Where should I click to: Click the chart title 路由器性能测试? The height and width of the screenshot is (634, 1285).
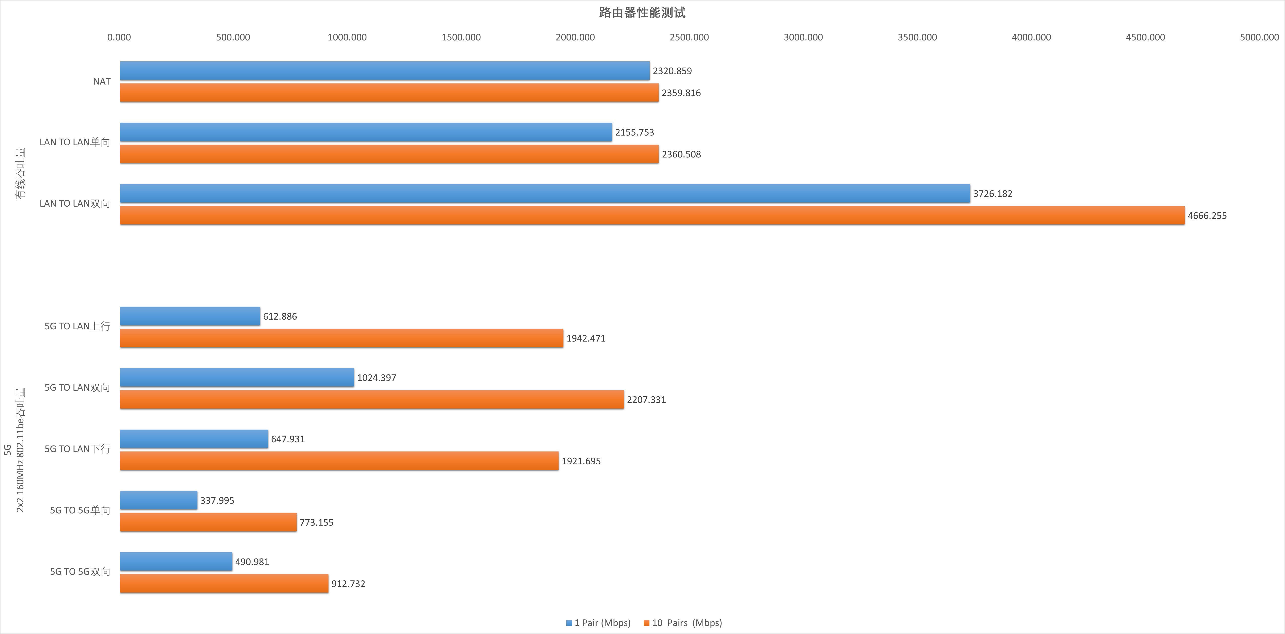point(642,12)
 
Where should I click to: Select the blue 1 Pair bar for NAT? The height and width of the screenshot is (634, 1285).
point(384,71)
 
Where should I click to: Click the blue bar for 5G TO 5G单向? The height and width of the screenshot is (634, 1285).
point(159,500)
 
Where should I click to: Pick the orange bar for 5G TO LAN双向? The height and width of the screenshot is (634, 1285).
point(372,400)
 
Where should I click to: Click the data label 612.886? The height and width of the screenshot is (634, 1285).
point(280,316)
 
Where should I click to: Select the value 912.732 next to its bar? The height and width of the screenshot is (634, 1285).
point(348,584)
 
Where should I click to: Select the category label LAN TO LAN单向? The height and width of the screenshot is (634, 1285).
point(75,142)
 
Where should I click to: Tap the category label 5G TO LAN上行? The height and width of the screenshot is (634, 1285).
point(77,326)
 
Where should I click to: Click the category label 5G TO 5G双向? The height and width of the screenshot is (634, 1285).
point(80,572)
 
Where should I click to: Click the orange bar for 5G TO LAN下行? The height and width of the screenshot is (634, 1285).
point(339,461)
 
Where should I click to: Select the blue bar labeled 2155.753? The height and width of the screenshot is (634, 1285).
point(366,132)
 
